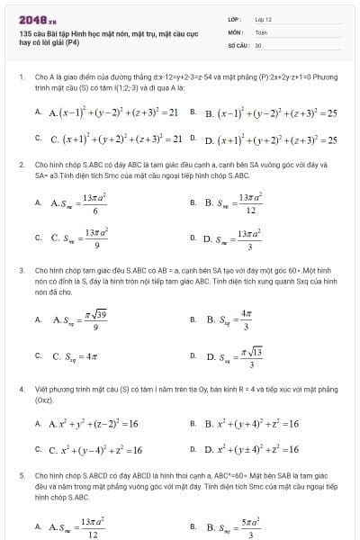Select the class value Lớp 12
(263, 18)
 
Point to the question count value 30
(258, 44)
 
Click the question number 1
(21, 77)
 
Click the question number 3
(21, 270)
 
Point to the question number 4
(21, 389)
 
